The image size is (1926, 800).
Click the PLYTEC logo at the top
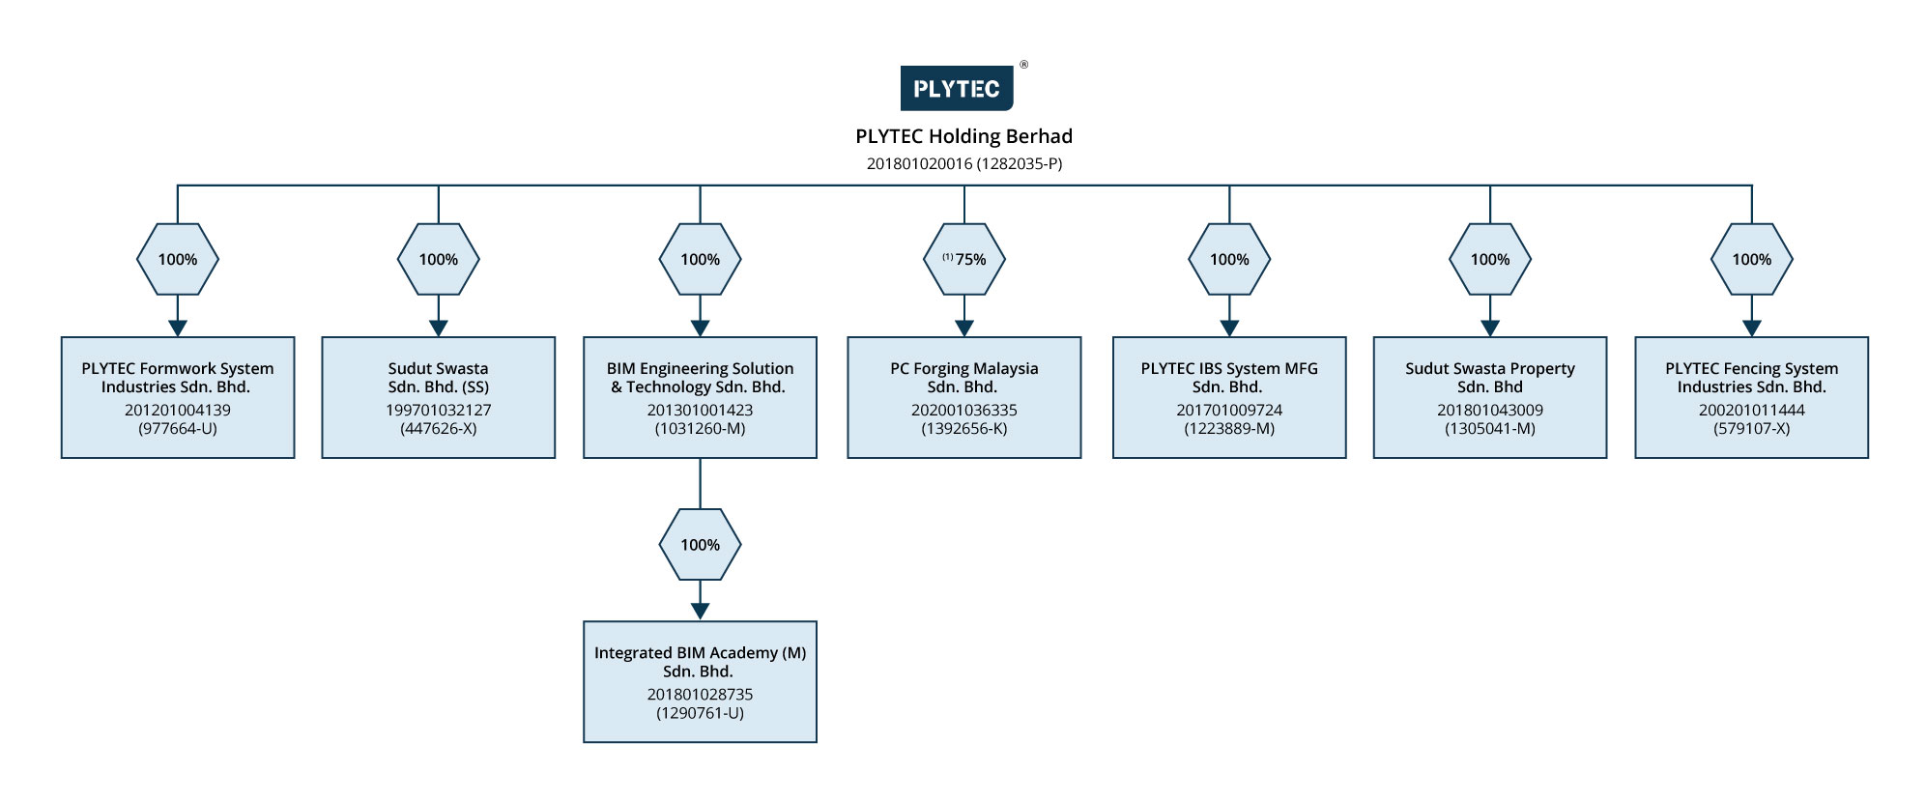(957, 88)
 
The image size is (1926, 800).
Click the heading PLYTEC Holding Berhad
(963, 136)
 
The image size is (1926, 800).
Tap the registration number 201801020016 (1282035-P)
(963, 163)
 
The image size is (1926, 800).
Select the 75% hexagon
(964, 259)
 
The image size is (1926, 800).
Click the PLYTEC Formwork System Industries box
(178, 397)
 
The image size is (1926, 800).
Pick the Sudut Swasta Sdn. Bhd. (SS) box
(439, 397)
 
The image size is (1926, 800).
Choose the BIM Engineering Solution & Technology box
(700, 397)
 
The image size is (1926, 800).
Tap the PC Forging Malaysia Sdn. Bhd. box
(964, 397)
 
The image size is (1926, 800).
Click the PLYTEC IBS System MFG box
(1229, 397)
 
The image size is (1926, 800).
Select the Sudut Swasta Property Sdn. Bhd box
(1490, 397)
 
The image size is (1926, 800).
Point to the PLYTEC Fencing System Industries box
(1751, 397)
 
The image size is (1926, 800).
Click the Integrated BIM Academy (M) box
(700, 682)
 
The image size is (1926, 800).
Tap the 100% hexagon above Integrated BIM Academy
(700, 545)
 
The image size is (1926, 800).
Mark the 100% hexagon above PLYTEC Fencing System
(1751, 259)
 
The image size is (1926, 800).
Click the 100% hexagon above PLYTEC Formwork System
(178, 259)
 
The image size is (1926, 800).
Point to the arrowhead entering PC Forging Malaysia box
(964, 329)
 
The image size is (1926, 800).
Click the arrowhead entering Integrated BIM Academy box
(700, 612)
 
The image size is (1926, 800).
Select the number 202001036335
(964, 410)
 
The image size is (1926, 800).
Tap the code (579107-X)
(1751, 428)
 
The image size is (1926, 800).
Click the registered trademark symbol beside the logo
(1024, 65)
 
